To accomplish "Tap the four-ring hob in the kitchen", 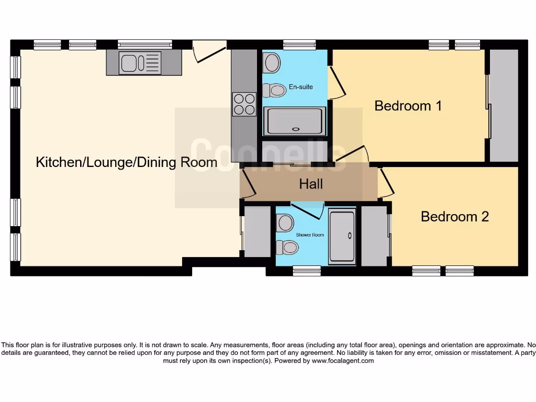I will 244,103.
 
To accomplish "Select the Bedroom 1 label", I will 408,106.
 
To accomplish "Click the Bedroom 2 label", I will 454,217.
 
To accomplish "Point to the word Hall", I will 311,184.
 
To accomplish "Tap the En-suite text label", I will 300,87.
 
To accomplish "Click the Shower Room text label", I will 310,235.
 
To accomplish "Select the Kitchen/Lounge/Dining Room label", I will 126,162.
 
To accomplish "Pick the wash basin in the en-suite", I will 272,63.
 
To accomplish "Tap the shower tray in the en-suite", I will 295,121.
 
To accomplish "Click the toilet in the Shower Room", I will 286,246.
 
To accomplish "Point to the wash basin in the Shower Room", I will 286,222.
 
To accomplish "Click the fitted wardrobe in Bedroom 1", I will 503,106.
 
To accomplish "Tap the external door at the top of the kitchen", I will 209,52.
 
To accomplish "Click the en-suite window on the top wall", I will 299,45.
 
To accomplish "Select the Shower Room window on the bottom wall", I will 306,270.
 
